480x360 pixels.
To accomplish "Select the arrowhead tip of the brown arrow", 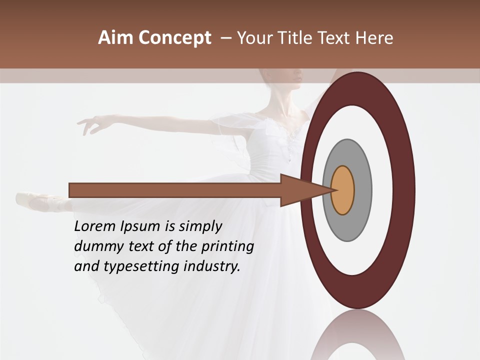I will (332, 190).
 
